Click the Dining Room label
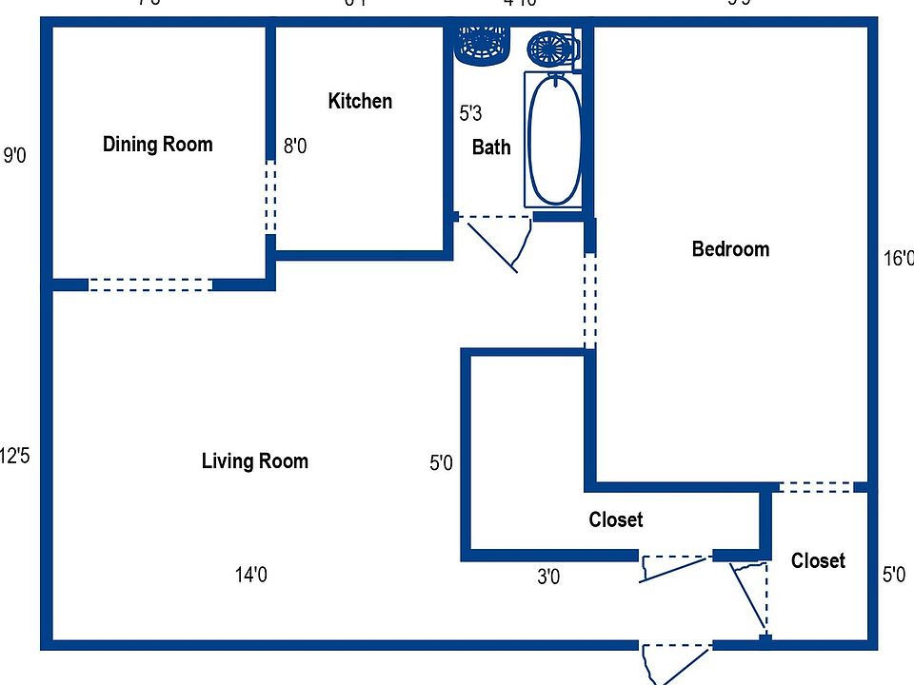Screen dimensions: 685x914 coord(157,145)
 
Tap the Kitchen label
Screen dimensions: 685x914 coord(360,101)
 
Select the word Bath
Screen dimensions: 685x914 coord(491,147)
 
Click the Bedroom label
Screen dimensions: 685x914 coord(730,249)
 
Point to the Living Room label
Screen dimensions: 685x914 coord(254,461)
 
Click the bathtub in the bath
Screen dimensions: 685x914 coord(554,140)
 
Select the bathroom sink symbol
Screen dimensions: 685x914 coord(482,44)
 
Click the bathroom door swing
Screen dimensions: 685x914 coord(500,244)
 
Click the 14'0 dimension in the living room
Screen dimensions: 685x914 coord(251,575)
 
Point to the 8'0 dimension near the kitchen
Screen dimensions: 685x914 coord(295,147)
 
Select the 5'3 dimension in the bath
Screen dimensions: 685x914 coord(470,114)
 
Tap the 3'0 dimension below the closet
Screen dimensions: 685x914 coord(547,577)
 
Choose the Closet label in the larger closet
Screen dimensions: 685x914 coord(616,520)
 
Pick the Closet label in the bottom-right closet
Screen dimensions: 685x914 coord(818,561)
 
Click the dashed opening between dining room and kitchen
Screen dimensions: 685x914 coord(270,197)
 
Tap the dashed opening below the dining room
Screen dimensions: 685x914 coord(149,284)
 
